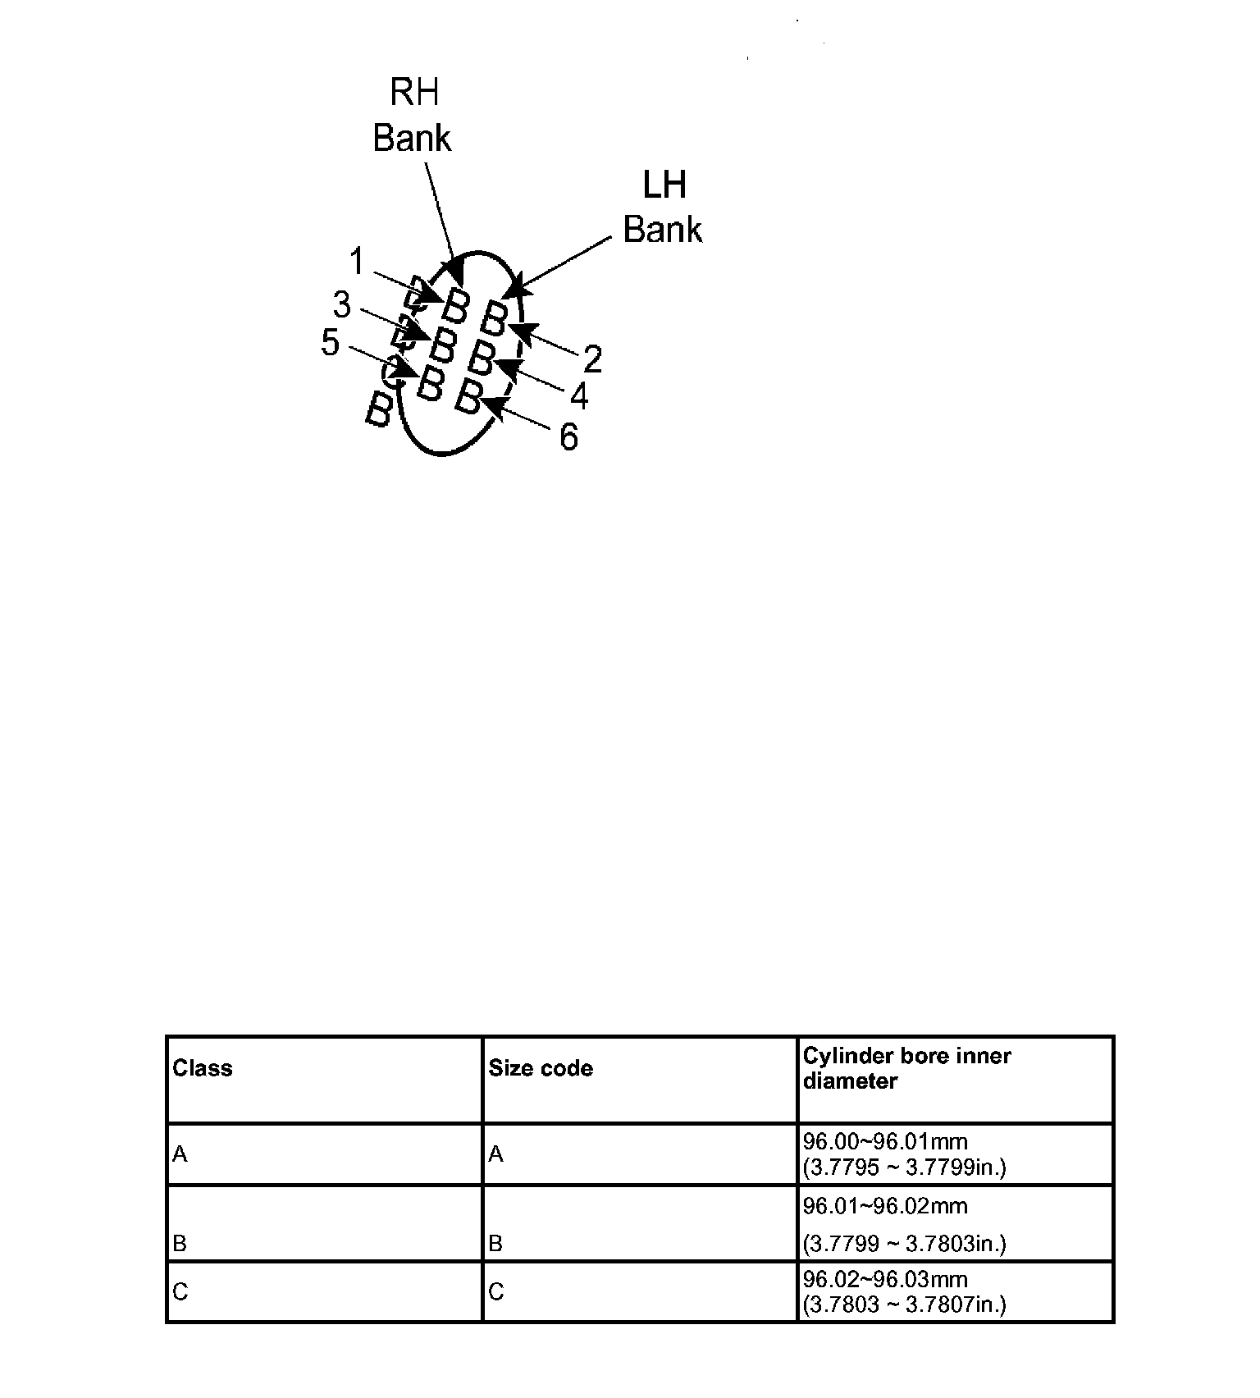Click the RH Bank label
(413, 115)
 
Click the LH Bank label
(663, 208)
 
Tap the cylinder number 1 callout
(357, 262)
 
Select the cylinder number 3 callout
(341, 305)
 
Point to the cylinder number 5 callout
(330, 342)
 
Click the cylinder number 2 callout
(592, 359)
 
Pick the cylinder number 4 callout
(579, 397)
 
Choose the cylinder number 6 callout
(568, 437)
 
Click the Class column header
(203, 1068)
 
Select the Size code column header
(541, 1068)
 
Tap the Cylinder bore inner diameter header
(906, 1068)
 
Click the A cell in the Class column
(180, 1155)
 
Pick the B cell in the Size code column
(495, 1244)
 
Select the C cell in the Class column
(180, 1292)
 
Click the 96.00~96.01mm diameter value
(885, 1141)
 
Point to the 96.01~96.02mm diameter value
(885, 1206)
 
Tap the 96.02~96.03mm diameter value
(885, 1279)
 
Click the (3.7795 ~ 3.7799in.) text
(904, 1167)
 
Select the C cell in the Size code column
(495, 1292)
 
